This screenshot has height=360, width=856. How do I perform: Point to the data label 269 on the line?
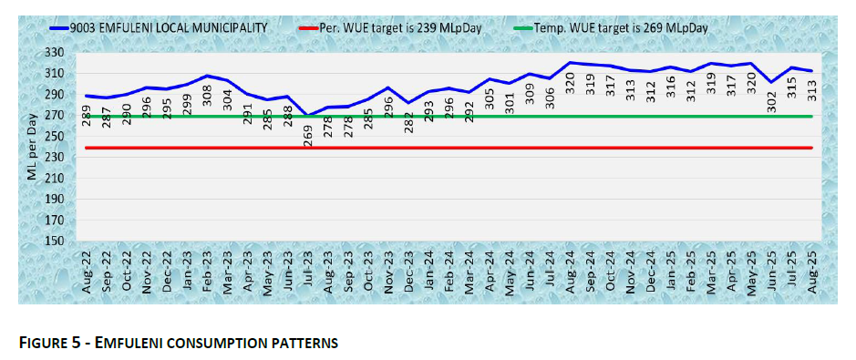[x=308, y=134]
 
